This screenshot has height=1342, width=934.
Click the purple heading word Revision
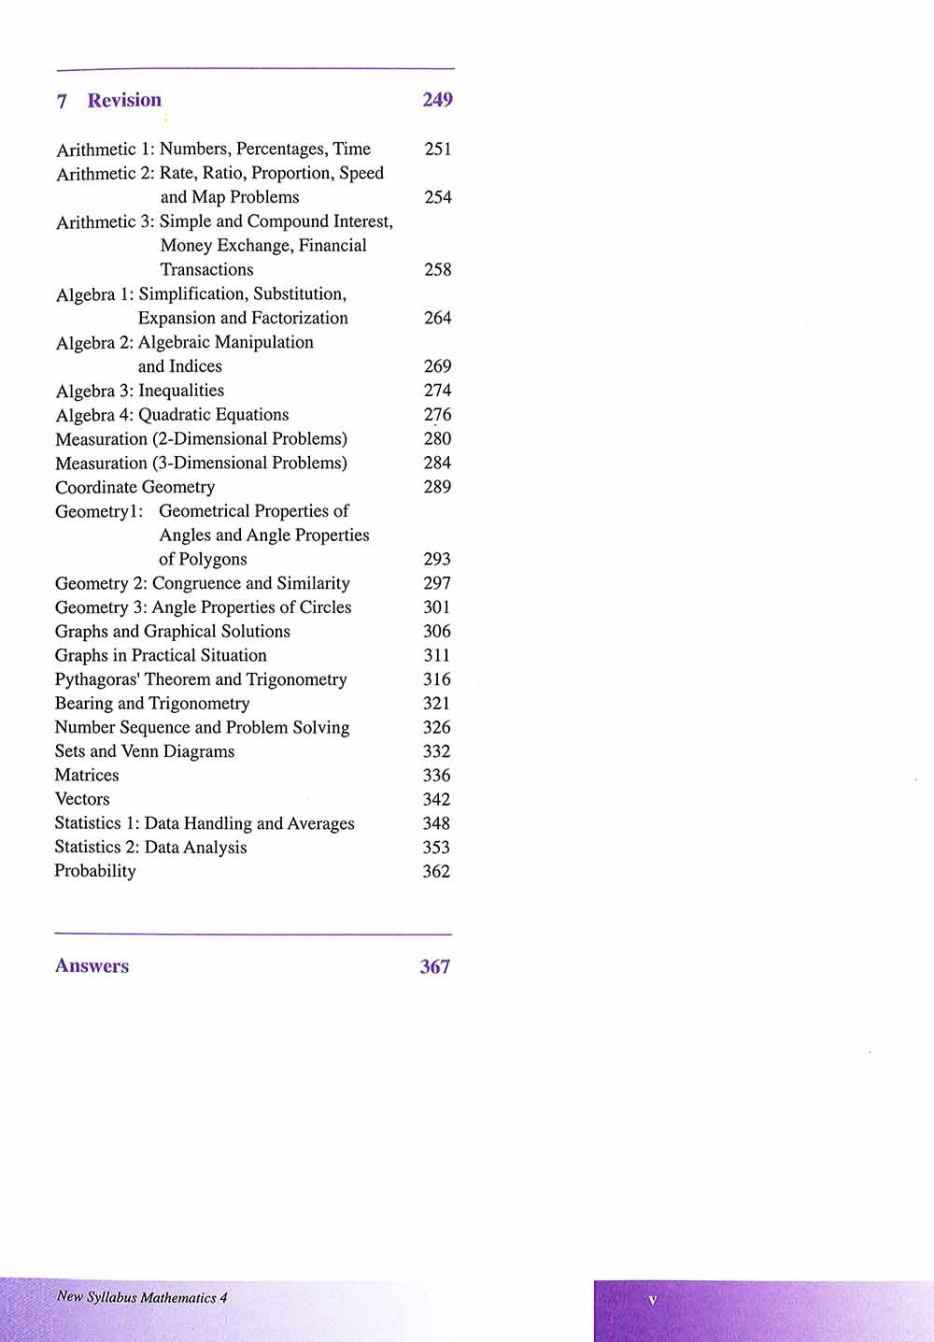(x=124, y=100)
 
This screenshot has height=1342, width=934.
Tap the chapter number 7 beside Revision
(x=62, y=101)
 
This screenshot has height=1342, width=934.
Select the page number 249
(x=437, y=100)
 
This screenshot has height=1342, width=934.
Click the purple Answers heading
(x=92, y=966)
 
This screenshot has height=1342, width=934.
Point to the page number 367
(x=434, y=966)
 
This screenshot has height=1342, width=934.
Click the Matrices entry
(x=87, y=775)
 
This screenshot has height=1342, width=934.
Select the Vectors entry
(x=82, y=799)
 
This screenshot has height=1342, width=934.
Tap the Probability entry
(x=95, y=871)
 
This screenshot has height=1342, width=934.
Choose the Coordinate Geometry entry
(x=134, y=487)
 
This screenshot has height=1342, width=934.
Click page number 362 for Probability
(x=436, y=871)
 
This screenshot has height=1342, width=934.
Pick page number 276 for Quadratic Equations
(x=437, y=415)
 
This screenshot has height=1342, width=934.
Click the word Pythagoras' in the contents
(x=97, y=679)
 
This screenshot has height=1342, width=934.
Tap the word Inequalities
(x=181, y=391)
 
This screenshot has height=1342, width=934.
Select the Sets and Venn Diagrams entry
(x=145, y=751)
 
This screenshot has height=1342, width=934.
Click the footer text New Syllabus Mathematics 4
(x=142, y=1297)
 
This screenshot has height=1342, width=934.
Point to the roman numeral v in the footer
(x=652, y=1300)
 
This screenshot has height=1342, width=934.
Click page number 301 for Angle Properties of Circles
(x=436, y=607)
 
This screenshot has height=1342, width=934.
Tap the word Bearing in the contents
(x=83, y=704)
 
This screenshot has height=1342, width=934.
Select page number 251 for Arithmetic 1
(x=437, y=149)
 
